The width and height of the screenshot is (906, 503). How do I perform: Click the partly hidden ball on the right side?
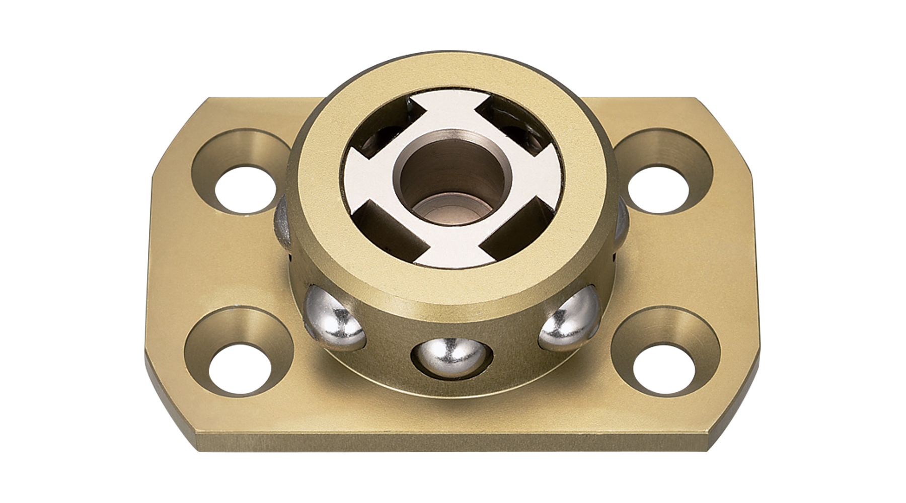click(x=621, y=221)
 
